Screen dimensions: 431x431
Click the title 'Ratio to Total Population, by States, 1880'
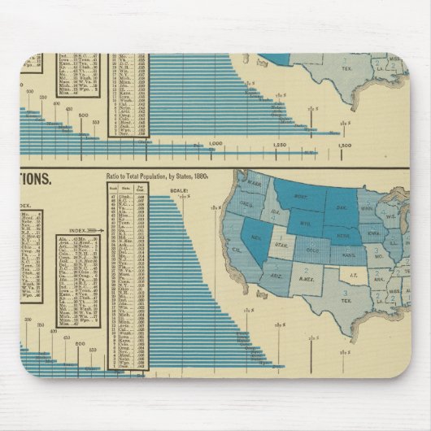point(157,175)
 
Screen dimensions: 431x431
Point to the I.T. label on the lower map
point(352,277)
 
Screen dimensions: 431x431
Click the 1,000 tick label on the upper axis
point(215,145)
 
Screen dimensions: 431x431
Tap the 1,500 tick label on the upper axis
point(344,145)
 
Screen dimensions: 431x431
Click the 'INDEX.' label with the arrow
point(81,229)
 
